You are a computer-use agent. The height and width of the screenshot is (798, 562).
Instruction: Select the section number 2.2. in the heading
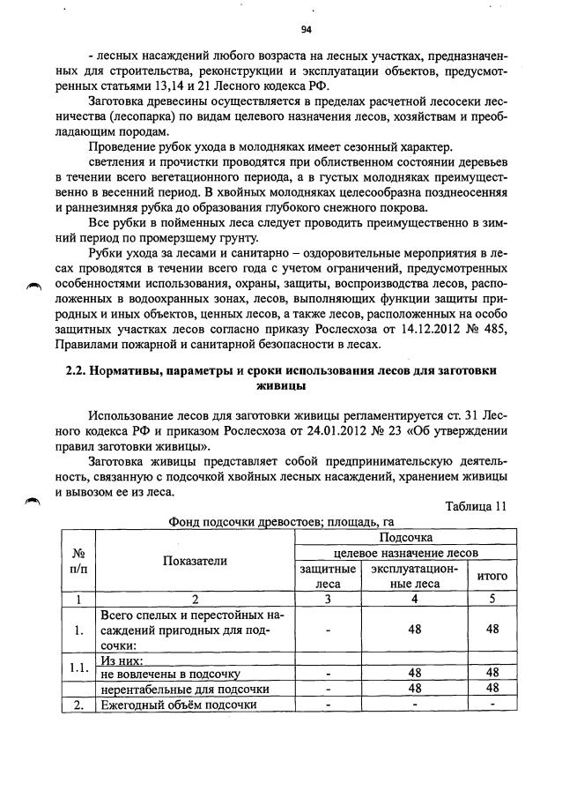tap(81, 371)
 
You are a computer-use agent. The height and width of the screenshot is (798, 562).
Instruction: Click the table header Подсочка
tap(405, 536)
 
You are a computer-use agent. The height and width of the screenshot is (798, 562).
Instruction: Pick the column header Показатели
tap(195, 560)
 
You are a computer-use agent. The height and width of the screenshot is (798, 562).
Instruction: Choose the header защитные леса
tap(327, 576)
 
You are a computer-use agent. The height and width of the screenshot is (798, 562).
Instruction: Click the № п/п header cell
tap(78, 560)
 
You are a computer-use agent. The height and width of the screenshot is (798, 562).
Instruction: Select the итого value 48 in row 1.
tap(492, 630)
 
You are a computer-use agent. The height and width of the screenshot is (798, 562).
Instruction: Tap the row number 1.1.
tap(78, 667)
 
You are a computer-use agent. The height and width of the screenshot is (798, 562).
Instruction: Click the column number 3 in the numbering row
tap(327, 599)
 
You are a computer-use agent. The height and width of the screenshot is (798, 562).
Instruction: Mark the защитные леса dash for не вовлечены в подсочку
tap(327, 673)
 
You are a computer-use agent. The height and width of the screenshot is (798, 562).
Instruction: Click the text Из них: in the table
tap(122, 659)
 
